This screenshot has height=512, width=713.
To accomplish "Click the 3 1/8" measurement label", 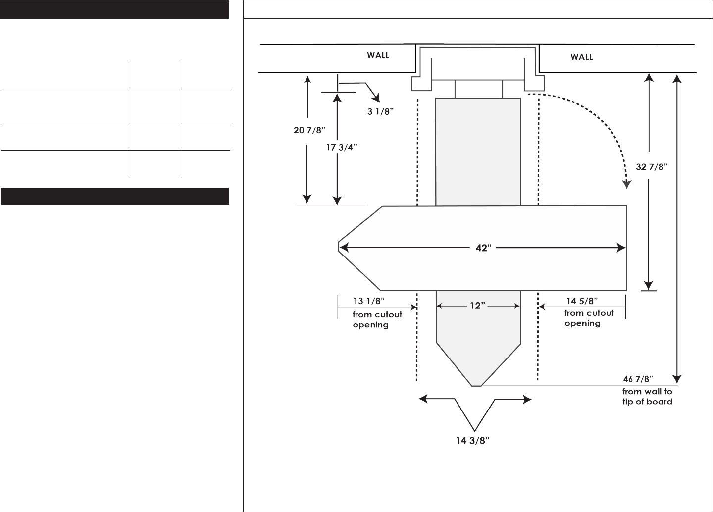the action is [x=380, y=111].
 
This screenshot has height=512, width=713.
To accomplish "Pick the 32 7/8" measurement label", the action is [x=652, y=167].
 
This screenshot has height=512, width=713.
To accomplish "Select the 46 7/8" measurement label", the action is [x=638, y=379].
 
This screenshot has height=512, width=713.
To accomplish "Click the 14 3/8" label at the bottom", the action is [x=473, y=441].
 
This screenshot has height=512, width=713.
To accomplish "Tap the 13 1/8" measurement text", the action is [x=369, y=301].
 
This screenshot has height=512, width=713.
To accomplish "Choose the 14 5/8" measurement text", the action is [x=582, y=301].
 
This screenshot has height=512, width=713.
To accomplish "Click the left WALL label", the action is [x=378, y=55].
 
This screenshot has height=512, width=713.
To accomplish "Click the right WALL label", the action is [x=582, y=57].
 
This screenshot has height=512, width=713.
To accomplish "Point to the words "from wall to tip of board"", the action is [x=647, y=397].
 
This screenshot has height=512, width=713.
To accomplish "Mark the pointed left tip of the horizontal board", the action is [x=339, y=248].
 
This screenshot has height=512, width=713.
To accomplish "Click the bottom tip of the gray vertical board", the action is [x=476, y=385].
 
